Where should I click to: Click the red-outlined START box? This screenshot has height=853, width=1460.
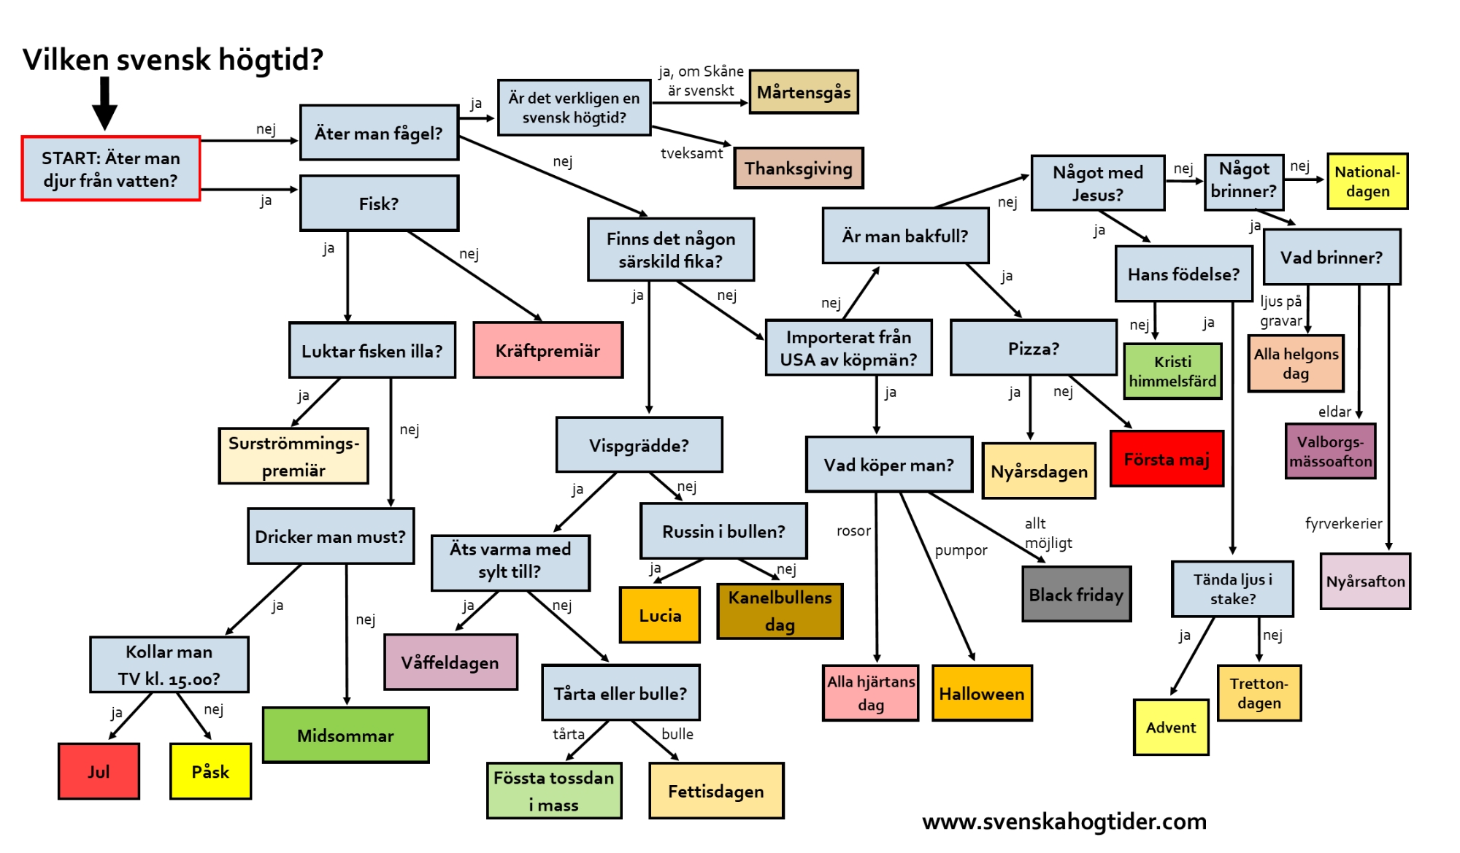[110, 169]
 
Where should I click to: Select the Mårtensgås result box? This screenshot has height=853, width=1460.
[804, 92]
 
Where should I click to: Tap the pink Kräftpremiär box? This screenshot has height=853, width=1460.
[547, 350]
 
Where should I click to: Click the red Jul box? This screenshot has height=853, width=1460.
[99, 771]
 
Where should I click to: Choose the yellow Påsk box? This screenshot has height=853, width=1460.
[210, 771]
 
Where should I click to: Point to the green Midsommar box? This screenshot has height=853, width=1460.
[345, 736]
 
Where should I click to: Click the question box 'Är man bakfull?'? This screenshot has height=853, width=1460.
[905, 236]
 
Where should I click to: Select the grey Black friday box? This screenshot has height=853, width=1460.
[1076, 595]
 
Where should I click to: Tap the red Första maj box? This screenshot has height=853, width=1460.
[1167, 459]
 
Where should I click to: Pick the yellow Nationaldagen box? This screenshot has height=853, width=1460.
[1367, 182]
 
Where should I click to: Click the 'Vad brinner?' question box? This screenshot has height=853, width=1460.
[1332, 258]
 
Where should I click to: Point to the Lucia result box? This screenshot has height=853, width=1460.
[660, 615]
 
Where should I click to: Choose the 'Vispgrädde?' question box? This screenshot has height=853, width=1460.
[639, 445]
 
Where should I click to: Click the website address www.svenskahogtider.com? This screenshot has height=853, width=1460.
[1064, 822]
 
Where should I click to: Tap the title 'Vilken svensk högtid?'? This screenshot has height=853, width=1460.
[173, 60]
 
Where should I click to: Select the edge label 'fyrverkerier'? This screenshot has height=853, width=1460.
[1343, 523]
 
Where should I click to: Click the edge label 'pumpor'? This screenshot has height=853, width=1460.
[961, 550]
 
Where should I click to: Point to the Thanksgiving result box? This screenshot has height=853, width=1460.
[799, 169]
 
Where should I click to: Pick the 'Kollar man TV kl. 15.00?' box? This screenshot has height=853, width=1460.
[169, 665]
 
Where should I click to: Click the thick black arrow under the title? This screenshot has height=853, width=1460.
[104, 103]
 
